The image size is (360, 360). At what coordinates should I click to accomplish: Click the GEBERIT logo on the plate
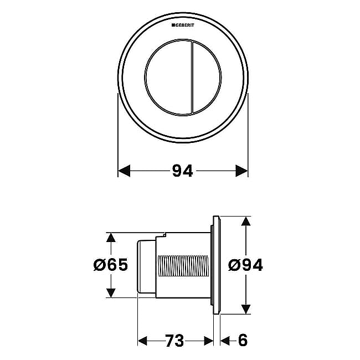coord(183,25)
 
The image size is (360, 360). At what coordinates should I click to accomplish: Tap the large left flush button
coord(168,78)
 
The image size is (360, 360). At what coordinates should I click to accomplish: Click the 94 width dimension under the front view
coord(183,171)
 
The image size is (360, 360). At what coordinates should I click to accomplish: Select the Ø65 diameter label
coord(111,265)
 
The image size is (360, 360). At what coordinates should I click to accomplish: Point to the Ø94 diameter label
coord(245,265)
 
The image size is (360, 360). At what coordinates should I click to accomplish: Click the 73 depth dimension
coord(174,341)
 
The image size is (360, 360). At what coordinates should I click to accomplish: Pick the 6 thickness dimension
coord(243,341)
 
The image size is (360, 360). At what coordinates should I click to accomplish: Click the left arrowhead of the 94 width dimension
coord(124,171)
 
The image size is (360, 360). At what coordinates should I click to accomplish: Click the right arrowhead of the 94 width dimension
coord(242,171)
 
